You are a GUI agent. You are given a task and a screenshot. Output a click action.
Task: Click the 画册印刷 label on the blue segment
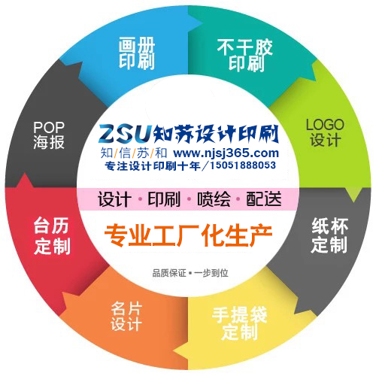(x=137, y=53)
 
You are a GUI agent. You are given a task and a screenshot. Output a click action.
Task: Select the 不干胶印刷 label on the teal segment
(x=245, y=55)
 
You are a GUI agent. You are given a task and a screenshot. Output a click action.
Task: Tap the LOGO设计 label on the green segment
(x=325, y=132)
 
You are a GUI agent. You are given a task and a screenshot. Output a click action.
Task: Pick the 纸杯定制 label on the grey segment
(x=329, y=235)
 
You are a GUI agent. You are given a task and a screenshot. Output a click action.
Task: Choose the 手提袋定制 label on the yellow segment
(x=239, y=323)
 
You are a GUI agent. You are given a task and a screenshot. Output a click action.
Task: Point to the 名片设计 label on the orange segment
(x=126, y=317)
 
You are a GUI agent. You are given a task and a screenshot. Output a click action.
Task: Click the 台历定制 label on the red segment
(x=52, y=235)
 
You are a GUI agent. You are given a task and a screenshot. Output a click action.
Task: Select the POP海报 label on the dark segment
(x=49, y=135)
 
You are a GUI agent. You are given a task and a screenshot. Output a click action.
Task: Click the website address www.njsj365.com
(x=226, y=153)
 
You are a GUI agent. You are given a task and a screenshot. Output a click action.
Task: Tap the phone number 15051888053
(x=243, y=165)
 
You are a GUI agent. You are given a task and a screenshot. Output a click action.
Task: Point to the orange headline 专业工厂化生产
(x=188, y=235)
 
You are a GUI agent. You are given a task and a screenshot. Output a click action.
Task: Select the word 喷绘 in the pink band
(x=214, y=199)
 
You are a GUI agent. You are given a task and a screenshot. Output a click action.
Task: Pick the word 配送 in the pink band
(x=264, y=199)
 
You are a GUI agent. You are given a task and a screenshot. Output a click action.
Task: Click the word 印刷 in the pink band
(x=164, y=199)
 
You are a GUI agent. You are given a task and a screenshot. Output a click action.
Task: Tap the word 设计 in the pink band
(x=114, y=199)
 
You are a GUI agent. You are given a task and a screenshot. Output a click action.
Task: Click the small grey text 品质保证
(x=169, y=273)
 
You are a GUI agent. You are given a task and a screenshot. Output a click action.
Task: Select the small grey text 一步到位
(x=211, y=273)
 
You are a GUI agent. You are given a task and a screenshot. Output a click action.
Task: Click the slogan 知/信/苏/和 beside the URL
(x=134, y=153)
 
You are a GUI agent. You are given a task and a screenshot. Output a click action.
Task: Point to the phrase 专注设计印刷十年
(x=153, y=165)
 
